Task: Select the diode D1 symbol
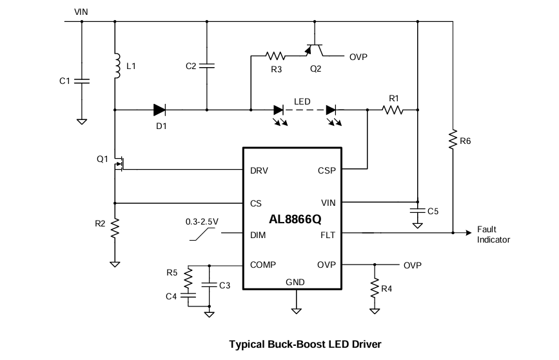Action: pos(161,110)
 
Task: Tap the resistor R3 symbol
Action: pos(276,55)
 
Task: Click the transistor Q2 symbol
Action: pos(315,50)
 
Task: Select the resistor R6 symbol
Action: pos(453,140)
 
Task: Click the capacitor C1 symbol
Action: pos(82,81)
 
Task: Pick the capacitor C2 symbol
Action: pos(207,66)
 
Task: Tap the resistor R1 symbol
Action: pos(393,110)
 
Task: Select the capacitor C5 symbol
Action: pos(417,211)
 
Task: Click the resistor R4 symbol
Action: pos(374,287)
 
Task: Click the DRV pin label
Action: pos(259,171)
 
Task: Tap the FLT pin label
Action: pos(328,235)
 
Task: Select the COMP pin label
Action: pos(263,265)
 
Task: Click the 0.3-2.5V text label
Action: pos(202,221)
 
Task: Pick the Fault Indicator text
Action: pos(493,235)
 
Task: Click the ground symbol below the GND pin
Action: pos(296,310)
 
